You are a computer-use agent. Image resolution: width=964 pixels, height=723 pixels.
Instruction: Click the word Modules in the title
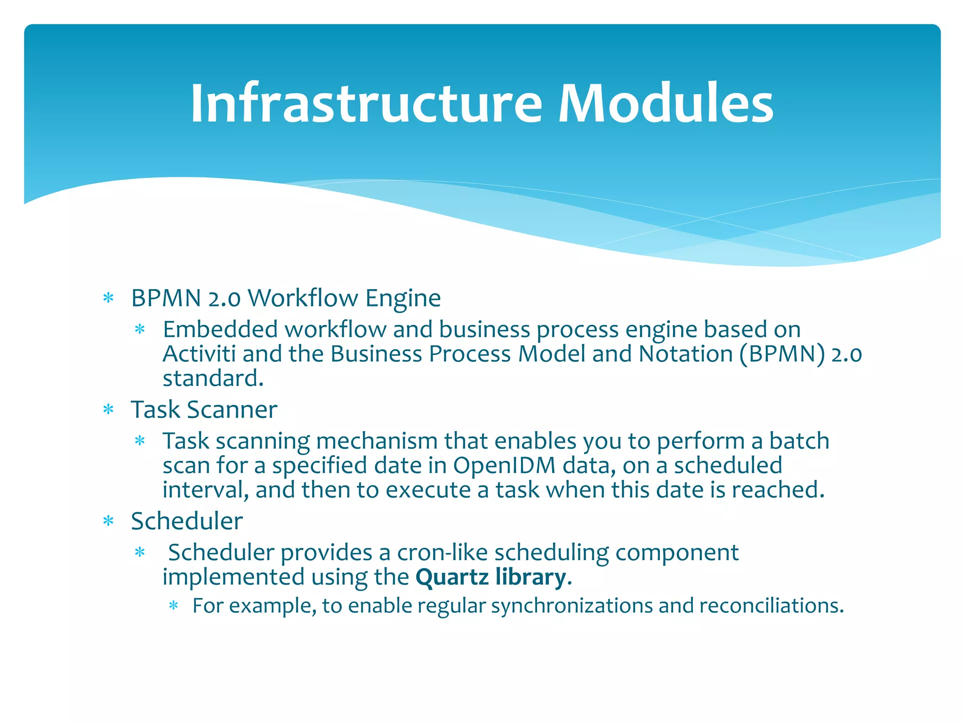pyautogui.click(x=666, y=104)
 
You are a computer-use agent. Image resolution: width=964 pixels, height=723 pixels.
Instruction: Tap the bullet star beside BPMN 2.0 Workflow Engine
pyautogui.click(x=109, y=298)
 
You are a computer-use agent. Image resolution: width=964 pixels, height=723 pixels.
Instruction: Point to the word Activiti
pyautogui.click(x=199, y=354)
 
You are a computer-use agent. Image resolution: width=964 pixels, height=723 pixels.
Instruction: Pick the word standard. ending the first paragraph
pyautogui.click(x=213, y=378)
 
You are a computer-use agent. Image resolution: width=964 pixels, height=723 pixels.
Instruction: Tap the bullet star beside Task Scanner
pyautogui.click(x=109, y=410)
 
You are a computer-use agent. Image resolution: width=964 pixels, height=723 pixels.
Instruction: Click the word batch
pyautogui.click(x=799, y=441)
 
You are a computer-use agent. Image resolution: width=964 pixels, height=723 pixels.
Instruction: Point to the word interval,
pyautogui.click(x=205, y=490)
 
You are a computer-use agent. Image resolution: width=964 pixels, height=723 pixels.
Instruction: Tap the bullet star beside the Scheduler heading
pyautogui.click(x=109, y=522)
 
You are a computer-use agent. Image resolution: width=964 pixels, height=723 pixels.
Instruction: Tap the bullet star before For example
pyautogui.click(x=174, y=606)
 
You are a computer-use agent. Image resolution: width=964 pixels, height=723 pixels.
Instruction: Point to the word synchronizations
pyautogui.click(x=571, y=606)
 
